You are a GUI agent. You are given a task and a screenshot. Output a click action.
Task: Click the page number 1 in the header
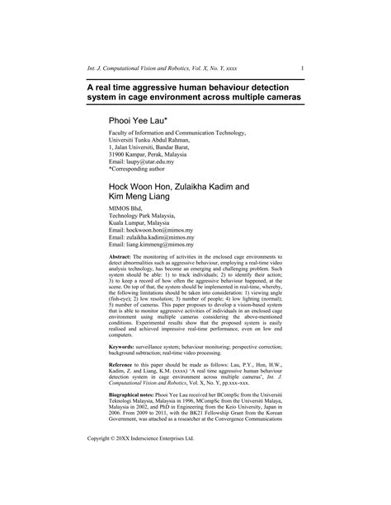303,68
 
